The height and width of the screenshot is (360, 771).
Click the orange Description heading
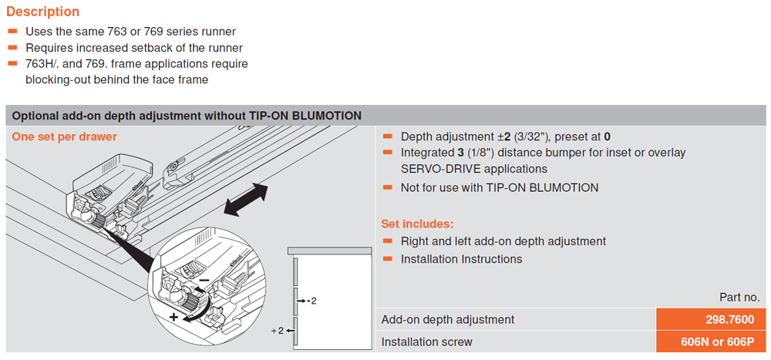click(42, 12)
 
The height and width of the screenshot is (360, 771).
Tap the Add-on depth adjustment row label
click(448, 319)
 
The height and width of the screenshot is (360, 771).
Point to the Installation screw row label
click(427, 341)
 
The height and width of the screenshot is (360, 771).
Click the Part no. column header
click(739, 298)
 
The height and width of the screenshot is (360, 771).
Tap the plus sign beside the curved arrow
click(173, 317)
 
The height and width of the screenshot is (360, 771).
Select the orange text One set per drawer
click(64, 136)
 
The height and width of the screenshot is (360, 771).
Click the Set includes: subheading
click(417, 224)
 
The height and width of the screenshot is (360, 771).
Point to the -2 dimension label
click(311, 299)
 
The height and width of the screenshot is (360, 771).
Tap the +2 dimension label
click(278, 331)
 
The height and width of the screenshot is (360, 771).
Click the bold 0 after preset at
click(608, 136)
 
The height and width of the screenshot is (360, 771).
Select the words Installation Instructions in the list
click(461, 259)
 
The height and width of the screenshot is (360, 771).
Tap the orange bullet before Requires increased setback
click(12, 48)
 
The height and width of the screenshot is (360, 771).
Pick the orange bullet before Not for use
click(387, 187)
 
